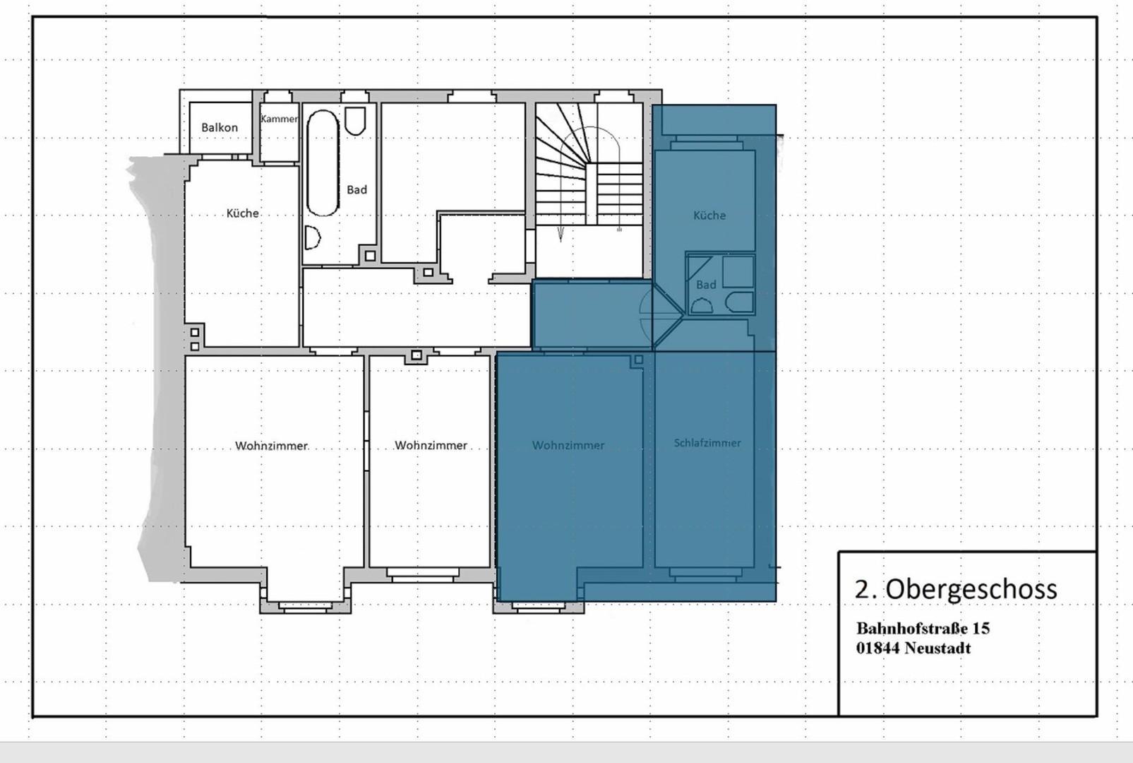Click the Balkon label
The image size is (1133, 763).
pyautogui.click(x=220, y=127)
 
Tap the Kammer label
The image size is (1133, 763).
pyautogui.click(x=280, y=119)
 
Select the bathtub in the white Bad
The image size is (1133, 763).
pyautogui.click(x=323, y=163)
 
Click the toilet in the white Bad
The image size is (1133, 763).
pyautogui.click(x=355, y=121)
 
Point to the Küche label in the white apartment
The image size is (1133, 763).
pyautogui.click(x=242, y=213)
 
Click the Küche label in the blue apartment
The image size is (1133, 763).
pyautogui.click(x=709, y=215)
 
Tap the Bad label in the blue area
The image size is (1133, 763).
pyautogui.click(x=706, y=285)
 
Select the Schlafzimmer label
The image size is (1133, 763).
pyautogui.click(x=707, y=443)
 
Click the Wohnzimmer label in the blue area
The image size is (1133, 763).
pyautogui.click(x=568, y=445)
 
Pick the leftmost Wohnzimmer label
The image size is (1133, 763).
pyautogui.click(x=271, y=446)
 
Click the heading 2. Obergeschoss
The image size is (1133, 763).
pyautogui.click(x=956, y=588)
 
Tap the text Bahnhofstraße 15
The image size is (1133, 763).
pyautogui.click(x=923, y=628)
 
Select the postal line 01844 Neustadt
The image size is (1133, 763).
pyautogui.click(x=913, y=648)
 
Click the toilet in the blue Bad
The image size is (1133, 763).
pyautogui.click(x=740, y=302)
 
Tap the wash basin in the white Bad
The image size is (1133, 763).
pyautogui.click(x=312, y=237)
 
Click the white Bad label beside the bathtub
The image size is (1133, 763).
pyautogui.click(x=356, y=190)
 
